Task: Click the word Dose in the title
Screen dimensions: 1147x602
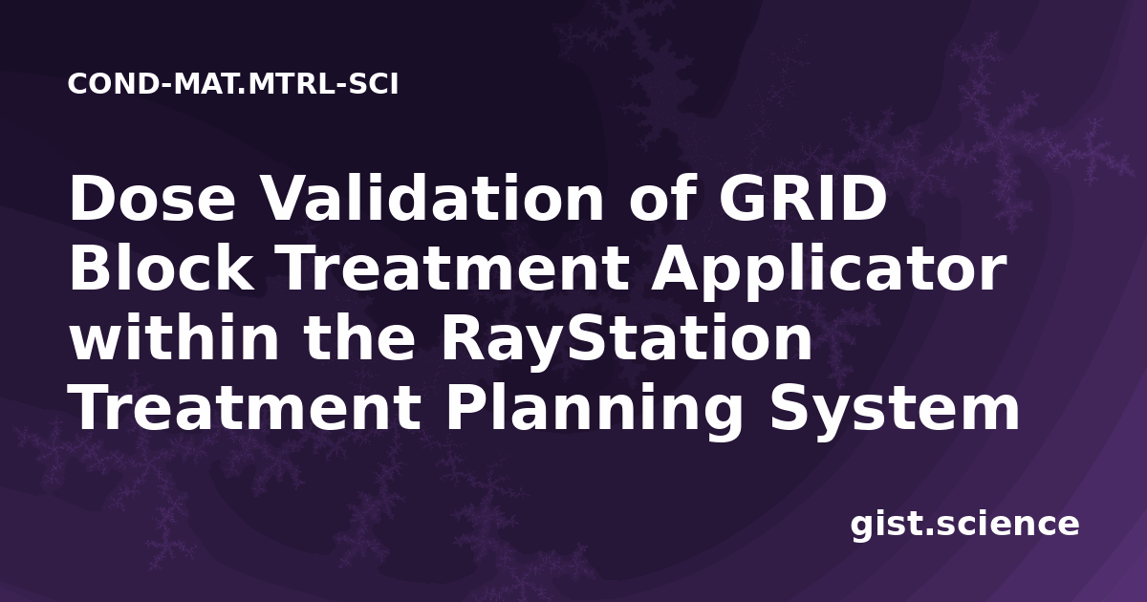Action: pyautogui.click(x=152, y=199)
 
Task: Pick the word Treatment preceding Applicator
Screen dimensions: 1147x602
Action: pyautogui.click(x=454, y=269)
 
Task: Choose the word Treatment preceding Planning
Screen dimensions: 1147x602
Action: pyautogui.click(x=246, y=409)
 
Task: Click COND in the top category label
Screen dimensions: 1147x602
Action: pyautogui.click(x=113, y=84)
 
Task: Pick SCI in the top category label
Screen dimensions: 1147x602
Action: pyautogui.click(x=374, y=84)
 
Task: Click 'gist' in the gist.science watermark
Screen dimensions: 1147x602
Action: pyautogui.click(x=887, y=526)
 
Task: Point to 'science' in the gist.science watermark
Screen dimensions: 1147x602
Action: pyautogui.click(x=1007, y=525)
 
